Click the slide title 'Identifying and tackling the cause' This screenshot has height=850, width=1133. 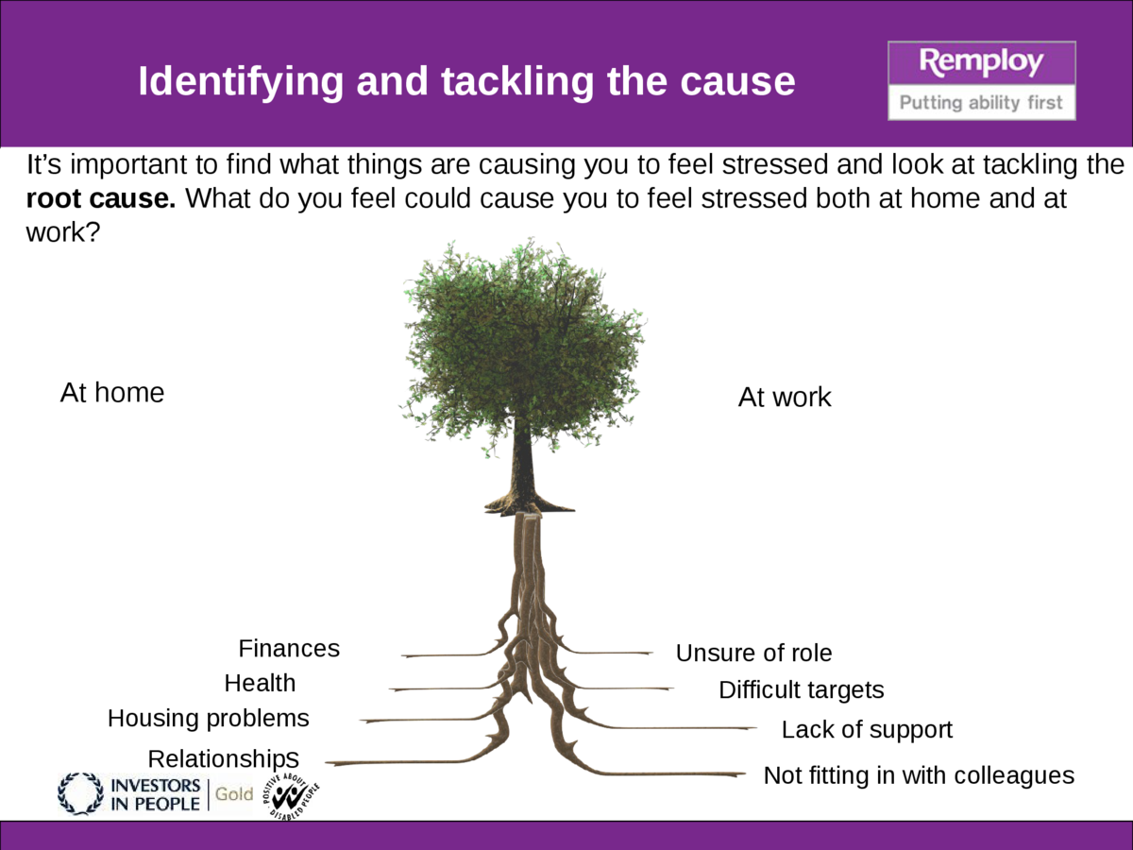pos(466,81)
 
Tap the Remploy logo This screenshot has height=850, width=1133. pos(981,79)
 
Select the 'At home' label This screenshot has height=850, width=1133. pos(112,393)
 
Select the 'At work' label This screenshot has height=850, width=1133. pos(785,398)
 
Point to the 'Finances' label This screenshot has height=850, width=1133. pos(289,649)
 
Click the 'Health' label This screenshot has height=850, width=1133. pos(260,683)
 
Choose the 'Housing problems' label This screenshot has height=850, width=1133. pos(209,719)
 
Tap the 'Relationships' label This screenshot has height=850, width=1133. pos(224,758)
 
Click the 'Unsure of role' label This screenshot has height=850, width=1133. pos(753,653)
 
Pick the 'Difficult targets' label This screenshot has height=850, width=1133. pos(802,690)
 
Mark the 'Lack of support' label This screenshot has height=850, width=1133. pos(867,730)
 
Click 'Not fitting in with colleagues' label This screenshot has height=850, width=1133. pos(919,775)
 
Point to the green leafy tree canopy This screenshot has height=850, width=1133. pos(521,340)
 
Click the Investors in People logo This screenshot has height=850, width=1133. pos(129,794)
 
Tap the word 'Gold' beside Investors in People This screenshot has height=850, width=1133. pos(234,794)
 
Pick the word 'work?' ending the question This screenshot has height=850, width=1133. pos(62,233)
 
